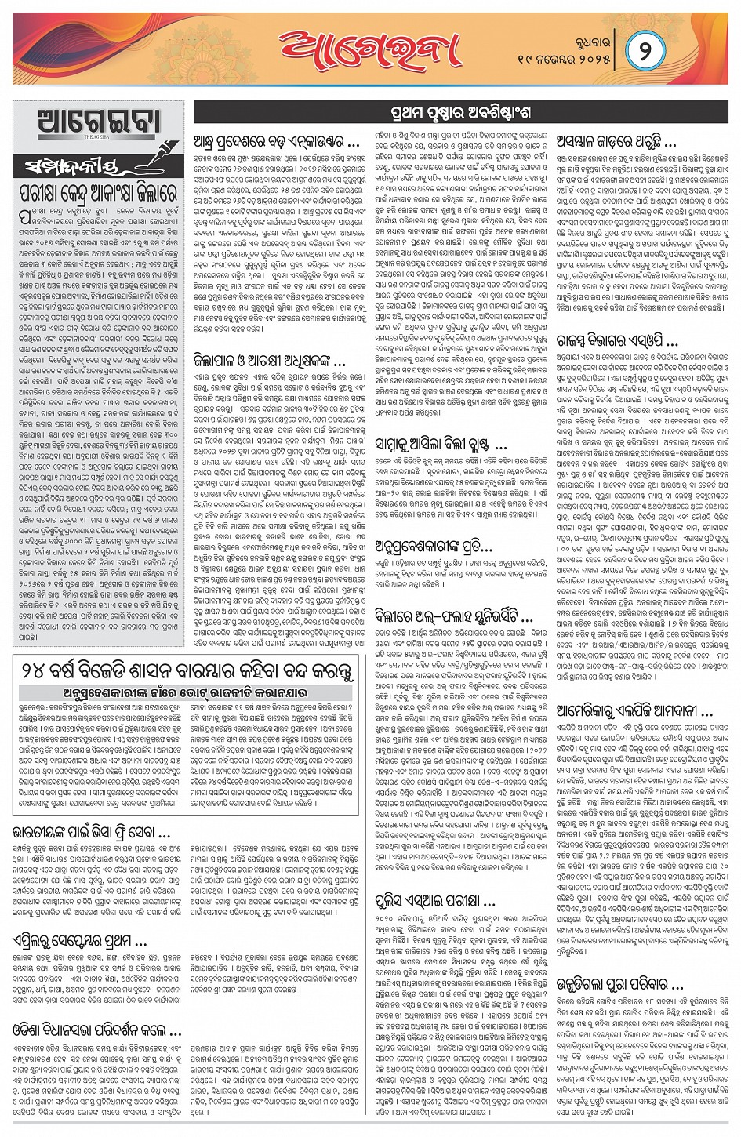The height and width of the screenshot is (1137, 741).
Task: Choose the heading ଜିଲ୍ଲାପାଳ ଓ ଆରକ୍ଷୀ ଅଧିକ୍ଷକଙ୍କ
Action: click(x=270, y=361)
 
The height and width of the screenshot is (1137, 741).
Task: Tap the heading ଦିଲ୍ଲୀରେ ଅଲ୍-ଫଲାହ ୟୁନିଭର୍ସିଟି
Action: click(x=454, y=617)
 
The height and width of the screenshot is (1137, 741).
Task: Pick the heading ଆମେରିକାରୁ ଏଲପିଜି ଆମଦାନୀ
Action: click(x=634, y=710)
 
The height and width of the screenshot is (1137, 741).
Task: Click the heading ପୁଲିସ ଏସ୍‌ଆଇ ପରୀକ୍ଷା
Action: click(x=436, y=901)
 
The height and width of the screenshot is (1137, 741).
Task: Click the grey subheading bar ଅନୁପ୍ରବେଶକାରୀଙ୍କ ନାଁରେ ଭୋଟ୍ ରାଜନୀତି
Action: click(x=185, y=693)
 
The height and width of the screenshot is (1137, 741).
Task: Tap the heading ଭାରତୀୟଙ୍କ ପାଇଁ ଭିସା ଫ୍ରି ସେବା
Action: click(x=92, y=832)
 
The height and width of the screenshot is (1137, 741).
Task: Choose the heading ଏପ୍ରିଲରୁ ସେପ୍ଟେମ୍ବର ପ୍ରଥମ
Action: click(x=80, y=941)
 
